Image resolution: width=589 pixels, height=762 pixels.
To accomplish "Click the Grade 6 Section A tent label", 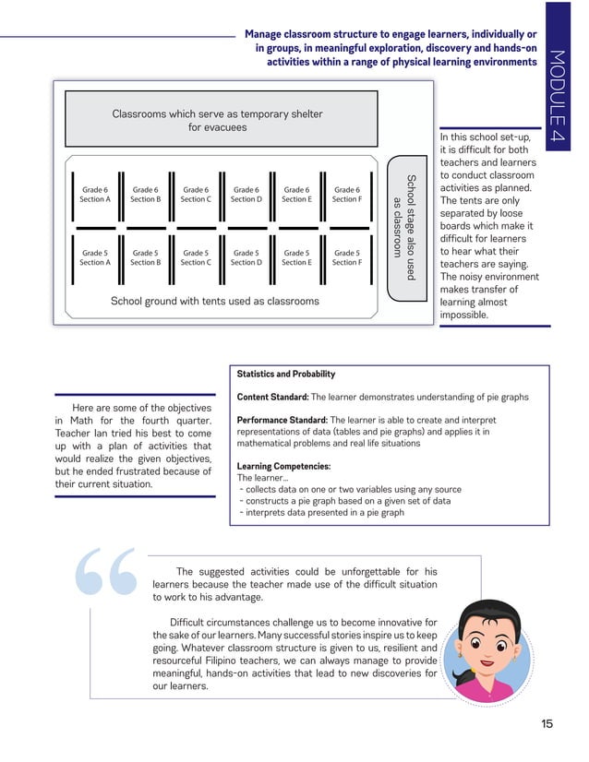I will coord(95,194).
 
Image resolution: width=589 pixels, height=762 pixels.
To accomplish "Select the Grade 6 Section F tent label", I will coord(347,194).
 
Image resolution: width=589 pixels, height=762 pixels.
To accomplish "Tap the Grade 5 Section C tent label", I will coord(196,257).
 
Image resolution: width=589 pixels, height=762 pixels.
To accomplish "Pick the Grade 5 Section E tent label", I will coord(296,257).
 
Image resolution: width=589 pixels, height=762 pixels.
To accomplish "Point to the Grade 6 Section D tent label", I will coord(246,194).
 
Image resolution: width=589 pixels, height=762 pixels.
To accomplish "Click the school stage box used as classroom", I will coord(406,227).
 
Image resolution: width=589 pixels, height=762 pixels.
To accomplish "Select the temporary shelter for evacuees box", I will coord(218,121).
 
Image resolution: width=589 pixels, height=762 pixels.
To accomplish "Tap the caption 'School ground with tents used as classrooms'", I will coord(214,301).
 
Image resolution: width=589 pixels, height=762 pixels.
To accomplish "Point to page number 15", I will coord(547,724).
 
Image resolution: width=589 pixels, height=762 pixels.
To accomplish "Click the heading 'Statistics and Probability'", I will coord(286,375).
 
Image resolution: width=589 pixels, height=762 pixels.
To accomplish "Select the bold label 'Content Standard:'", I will coord(272,397).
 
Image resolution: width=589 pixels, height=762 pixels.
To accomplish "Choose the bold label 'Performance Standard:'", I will coord(282,420).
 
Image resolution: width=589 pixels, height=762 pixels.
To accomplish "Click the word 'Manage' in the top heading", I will coord(267,34).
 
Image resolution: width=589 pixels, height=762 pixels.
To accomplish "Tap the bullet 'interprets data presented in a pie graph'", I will coord(324,512).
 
